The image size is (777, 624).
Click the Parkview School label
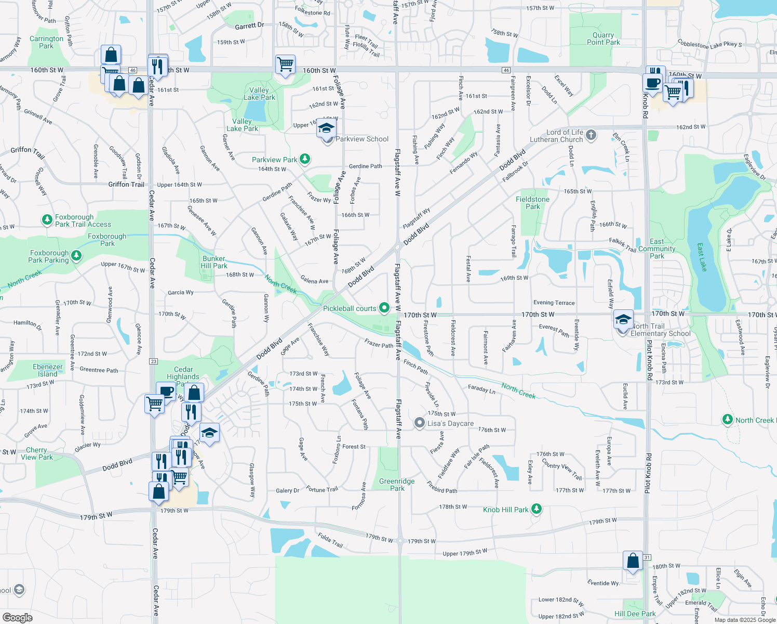coord(362,139)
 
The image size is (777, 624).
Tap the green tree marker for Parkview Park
coord(305,159)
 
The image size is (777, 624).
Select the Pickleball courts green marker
coord(384,308)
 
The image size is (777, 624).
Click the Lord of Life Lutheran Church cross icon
coord(591,136)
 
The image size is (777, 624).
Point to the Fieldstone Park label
coord(532,203)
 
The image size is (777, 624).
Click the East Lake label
coord(701,258)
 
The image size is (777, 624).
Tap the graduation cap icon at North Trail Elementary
coord(623,319)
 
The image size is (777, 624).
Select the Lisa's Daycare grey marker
coord(420,423)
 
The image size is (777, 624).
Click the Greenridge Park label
coord(397,485)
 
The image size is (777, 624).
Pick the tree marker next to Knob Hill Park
coord(537,509)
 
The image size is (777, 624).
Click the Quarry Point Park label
coord(603,38)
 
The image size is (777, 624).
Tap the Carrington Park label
coord(46,42)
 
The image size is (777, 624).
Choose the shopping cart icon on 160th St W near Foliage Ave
coord(285,64)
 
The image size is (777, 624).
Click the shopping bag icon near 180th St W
coord(633,561)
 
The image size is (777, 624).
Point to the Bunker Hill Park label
coord(214,262)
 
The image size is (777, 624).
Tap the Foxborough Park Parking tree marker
coord(76,255)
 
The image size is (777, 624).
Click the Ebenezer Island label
coord(48,370)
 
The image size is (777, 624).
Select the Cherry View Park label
coord(37,453)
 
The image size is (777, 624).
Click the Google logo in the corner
coord(17,618)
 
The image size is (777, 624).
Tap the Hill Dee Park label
coord(635,614)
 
